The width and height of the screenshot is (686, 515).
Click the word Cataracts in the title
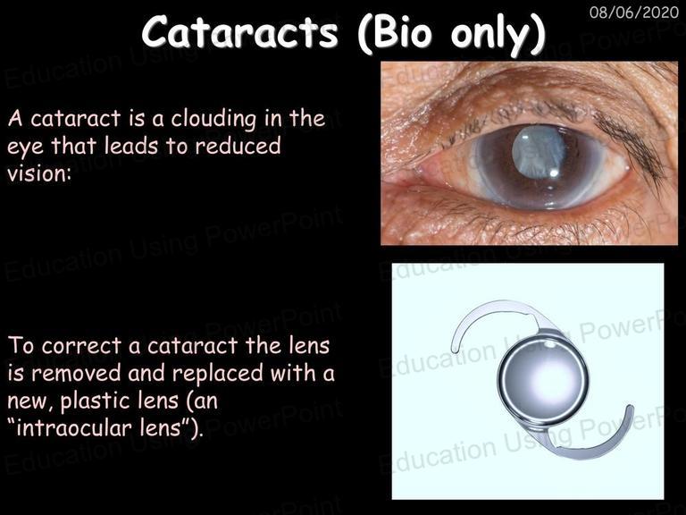(x=240, y=32)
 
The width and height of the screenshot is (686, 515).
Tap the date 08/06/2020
(x=634, y=12)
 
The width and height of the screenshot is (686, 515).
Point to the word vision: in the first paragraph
(x=39, y=173)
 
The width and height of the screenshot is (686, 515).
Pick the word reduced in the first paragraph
(x=238, y=146)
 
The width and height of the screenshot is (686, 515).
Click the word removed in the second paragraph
(x=76, y=373)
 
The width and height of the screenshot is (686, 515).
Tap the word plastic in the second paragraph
(x=119, y=401)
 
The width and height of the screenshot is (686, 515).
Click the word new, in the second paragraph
(x=30, y=401)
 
